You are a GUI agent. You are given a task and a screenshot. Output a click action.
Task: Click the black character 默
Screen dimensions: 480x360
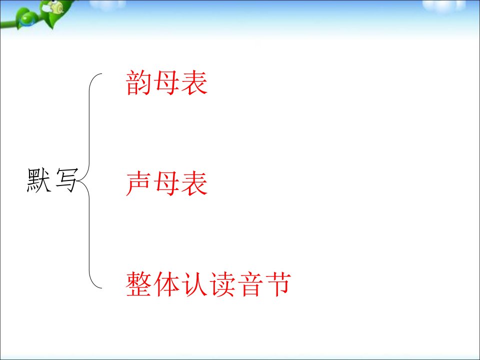[39, 180]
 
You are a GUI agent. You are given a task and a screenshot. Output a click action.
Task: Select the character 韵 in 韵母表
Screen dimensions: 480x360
[138, 82]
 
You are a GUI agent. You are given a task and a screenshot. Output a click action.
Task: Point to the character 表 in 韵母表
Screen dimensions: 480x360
[194, 82]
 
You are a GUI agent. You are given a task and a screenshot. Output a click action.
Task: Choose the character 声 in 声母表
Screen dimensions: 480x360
[138, 183]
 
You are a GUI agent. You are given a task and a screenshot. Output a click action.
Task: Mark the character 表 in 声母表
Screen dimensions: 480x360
[194, 183]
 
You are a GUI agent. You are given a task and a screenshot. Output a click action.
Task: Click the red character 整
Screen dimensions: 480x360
[138, 284]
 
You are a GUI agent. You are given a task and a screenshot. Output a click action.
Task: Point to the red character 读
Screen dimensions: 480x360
[222, 284]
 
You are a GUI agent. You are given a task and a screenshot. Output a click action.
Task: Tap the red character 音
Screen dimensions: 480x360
[250, 284]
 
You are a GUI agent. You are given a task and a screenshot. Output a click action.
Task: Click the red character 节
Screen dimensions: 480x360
[278, 284]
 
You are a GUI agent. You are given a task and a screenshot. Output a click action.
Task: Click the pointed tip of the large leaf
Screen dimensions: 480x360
[52, 29]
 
